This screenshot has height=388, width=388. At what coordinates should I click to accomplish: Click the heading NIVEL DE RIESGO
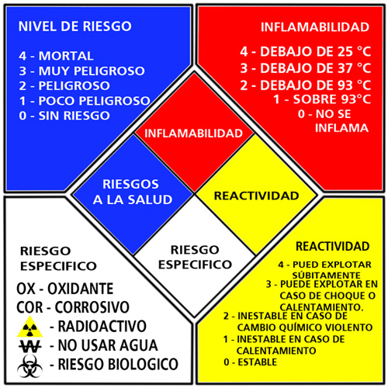click(75, 26)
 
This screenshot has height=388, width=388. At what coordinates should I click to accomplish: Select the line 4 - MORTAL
click(56, 56)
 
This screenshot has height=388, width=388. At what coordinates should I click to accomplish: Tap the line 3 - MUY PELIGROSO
click(81, 71)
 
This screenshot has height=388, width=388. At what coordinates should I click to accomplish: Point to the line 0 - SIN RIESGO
click(64, 116)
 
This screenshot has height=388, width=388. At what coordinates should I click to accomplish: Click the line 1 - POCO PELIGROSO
click(85, 101)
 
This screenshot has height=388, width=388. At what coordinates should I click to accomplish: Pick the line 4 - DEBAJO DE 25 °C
click(306, 51)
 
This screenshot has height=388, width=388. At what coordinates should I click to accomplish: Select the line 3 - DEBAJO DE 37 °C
click(306, 68)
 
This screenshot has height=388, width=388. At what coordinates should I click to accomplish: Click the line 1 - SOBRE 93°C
click(322, 99)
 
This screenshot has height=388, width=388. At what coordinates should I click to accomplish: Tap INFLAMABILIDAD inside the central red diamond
click(193, 133)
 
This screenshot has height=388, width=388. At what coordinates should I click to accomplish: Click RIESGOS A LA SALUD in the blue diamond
click(132, 192)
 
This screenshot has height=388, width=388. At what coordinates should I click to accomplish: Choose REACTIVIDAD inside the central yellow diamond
click(256, 196)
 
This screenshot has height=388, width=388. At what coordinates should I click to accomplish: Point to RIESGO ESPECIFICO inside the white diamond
click(195, 257)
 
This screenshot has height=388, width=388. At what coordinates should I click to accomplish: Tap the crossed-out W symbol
click(30, 346)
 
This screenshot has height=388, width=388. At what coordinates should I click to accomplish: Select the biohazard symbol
click(29, 365)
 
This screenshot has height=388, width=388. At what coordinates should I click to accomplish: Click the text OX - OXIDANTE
click(65, 289)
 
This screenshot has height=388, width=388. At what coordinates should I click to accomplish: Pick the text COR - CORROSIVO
click(73, 307)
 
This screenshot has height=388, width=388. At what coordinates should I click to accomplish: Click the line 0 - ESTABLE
click(251, 362)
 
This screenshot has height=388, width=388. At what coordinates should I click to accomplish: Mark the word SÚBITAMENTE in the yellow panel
click(327, 275)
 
